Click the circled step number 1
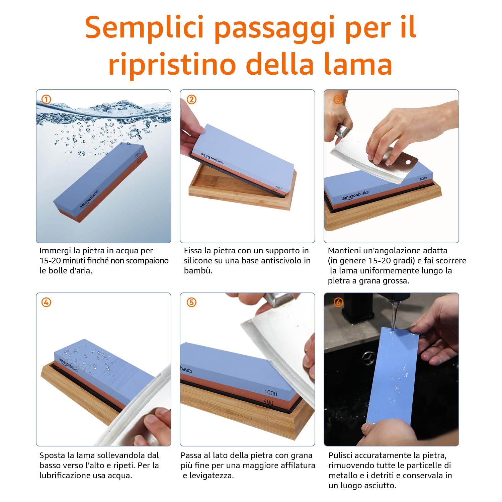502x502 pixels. pyautogui.click(x=46, y=99)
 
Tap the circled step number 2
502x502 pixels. pyautogui.click(x=191, y=99)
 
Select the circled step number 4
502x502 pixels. pyautogui.click(x=46, y=303)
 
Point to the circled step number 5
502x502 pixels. pyautogui.click(x=191, y=303)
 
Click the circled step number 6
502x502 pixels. pyautogui.click(x=338, y=303)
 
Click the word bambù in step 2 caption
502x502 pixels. pyautogui.click(x=198, y=270)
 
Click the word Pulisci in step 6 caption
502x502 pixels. pyautogui.click(x=340, y=455)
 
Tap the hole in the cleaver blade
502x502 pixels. pyautogui.click(x=408, y=162)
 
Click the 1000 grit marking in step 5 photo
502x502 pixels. pyautogui.click(x=270, y=393)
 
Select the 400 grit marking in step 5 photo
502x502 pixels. pyautogui.click(x=268, y=402)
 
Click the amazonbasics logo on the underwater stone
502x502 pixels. pyautogui.click(x=90, y=200)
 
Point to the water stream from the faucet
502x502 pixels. pyautogui.click(x=394, y=315)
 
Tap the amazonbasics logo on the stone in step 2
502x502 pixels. pyautogui.click(x=213, y=158)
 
